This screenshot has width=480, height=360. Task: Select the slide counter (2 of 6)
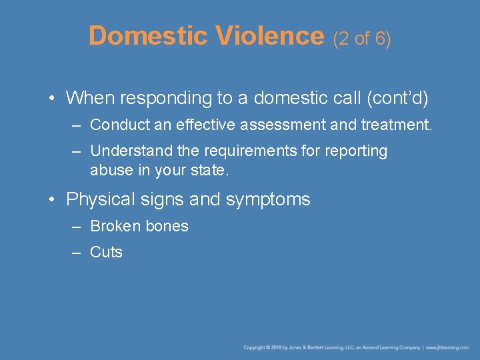362,39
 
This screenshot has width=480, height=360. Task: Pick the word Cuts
107,253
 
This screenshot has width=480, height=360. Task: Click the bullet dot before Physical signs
53,199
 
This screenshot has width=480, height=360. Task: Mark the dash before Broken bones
77,227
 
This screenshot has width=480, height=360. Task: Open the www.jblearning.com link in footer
449,348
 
